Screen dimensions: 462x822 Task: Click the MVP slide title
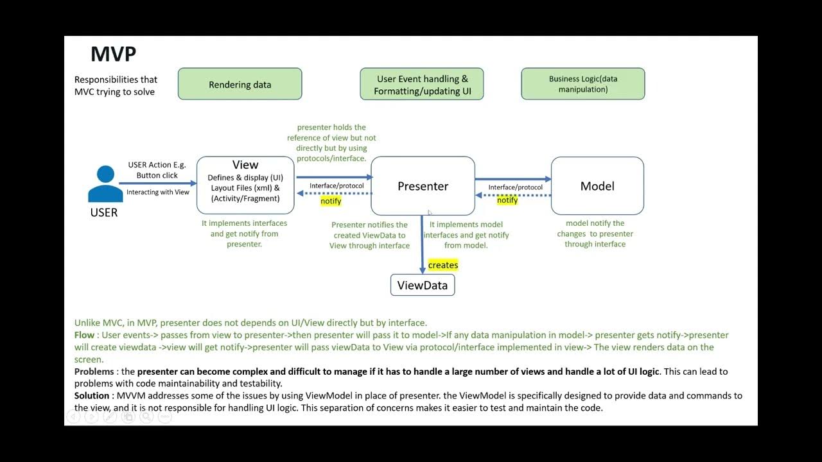[x=113, y=54]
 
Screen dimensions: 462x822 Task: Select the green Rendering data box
[x=240, y=84]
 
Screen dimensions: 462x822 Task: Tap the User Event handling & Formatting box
[x=422, y=85]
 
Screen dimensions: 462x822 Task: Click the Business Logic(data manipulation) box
[x=582, y=84]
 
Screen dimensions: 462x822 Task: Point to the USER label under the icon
[x=104, y=212]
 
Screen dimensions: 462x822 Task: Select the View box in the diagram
[x=245, y=185]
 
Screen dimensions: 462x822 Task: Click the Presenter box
[x=423, y=186]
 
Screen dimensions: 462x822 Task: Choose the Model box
[x=597, y=186]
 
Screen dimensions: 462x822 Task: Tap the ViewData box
[x=423, y=286]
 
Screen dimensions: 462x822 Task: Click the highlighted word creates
[x=443, y=265]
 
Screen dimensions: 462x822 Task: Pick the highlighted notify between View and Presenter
[x=331, y=201]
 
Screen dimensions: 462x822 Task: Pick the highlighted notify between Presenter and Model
[x=507, y=200]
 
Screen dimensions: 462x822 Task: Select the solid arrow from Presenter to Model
[x=513, y=180]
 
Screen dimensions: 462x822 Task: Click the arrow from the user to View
[x=157, y=184]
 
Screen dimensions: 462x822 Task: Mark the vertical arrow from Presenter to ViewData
[x=422, y=244]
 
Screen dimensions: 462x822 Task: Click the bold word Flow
[x=85, y=335]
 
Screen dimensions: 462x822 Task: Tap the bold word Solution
[x=92, y=395]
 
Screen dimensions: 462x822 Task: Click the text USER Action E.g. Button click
[x=157, y=170]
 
